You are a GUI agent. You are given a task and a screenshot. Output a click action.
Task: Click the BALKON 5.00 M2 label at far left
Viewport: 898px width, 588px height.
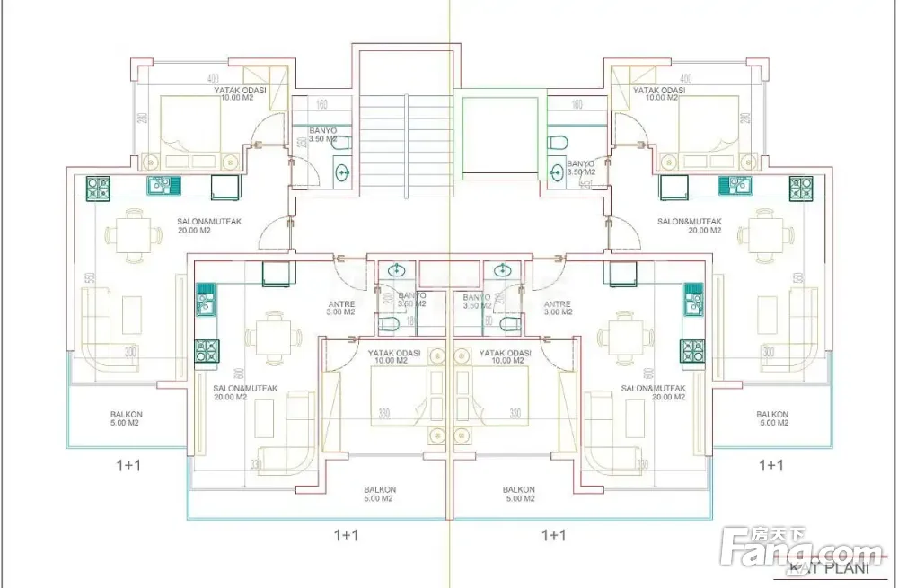pos(127,418)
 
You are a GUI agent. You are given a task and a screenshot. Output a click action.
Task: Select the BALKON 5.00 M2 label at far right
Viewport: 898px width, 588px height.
pos(772,418)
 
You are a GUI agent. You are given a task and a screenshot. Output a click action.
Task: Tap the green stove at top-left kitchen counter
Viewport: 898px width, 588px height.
pos(97,188)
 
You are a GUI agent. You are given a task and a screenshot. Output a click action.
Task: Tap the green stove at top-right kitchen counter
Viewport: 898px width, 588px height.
pos(800,188)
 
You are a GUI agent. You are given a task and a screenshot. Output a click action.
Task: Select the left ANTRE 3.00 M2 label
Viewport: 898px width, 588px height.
pos(341,308)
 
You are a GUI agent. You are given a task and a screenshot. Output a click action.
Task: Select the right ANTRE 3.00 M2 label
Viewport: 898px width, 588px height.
pos(558,308)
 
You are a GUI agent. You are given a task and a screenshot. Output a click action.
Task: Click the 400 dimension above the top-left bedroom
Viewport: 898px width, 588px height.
pos(213,78)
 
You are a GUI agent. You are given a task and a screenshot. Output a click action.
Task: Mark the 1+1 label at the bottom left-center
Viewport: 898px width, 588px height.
pos(346,535)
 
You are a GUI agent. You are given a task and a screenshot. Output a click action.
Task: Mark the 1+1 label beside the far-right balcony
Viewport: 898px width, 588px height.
pos(771,465)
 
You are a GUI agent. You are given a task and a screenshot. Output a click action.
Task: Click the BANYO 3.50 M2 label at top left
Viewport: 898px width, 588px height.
pos(323,135)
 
